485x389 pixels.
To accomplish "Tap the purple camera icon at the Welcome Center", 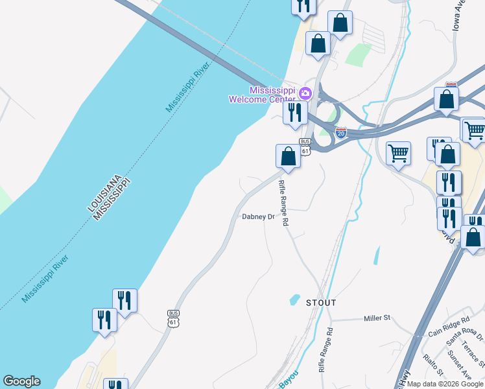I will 305,94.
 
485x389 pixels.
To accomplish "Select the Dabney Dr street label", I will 259,217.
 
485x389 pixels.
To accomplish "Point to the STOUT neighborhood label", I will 322,303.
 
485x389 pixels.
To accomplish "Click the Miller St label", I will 377,318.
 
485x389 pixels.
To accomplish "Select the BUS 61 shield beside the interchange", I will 305,146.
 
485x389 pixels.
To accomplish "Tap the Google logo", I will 21,381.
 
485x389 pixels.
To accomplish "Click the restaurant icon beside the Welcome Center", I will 295,113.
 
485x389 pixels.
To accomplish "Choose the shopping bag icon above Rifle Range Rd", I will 288,156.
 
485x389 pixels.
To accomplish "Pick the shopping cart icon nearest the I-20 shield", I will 398,154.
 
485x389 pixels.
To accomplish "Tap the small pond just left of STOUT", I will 295,300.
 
